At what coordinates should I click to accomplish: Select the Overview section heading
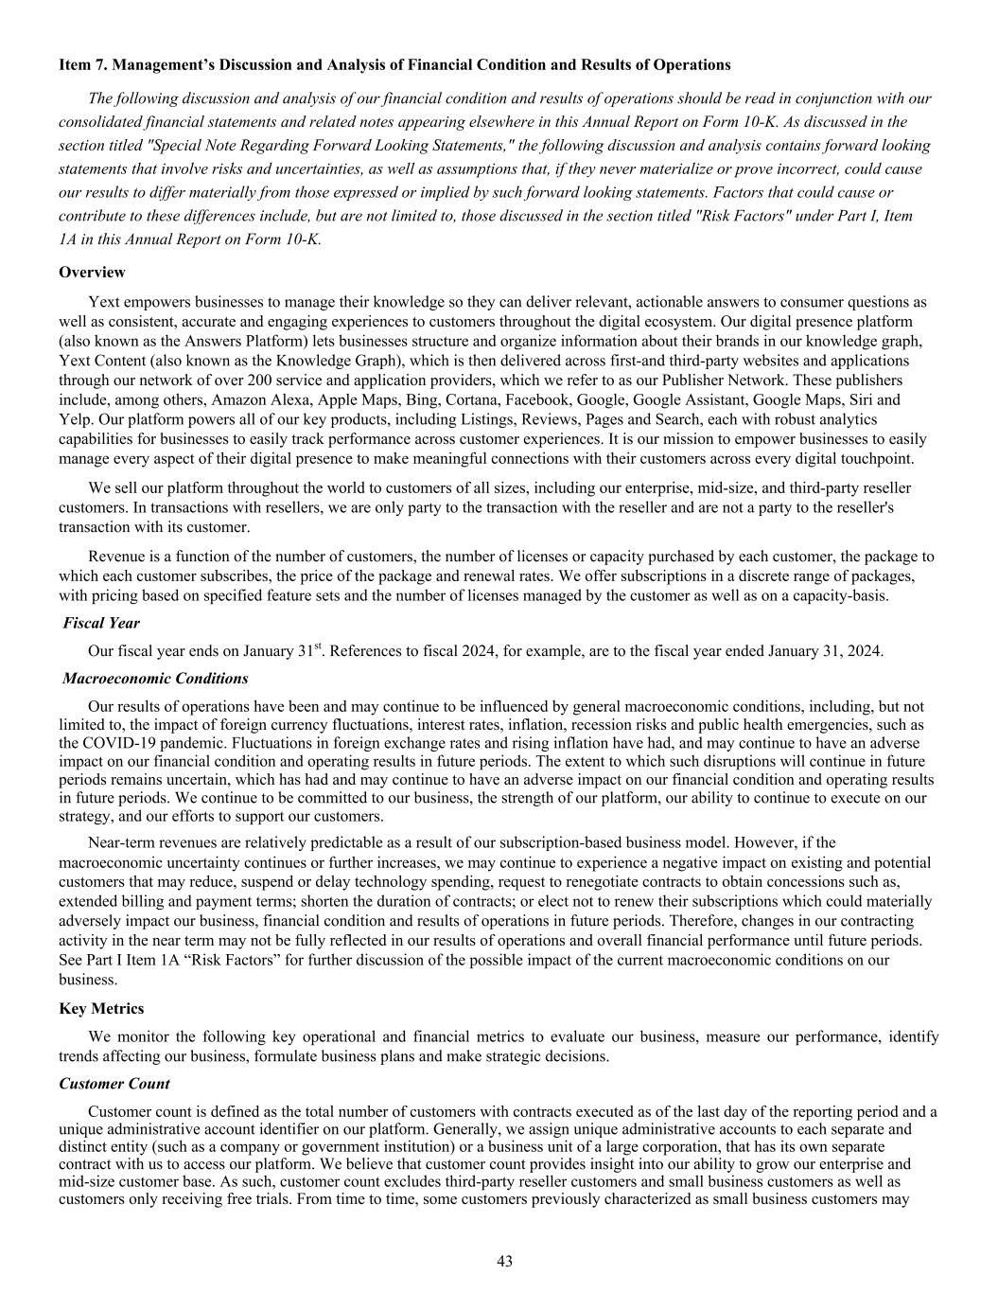click(92, 273)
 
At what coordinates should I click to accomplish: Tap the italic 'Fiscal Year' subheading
click(101, 623)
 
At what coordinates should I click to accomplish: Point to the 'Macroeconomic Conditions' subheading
click(155, 679)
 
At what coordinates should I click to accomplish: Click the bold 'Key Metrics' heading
click(101, 1009)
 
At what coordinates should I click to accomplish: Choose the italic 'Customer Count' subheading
click(114, 1084)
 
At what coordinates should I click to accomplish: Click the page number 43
click(504, 1261)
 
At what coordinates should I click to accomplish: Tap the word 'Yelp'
click(73, 418)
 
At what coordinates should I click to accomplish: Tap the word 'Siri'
click(864, 399)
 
